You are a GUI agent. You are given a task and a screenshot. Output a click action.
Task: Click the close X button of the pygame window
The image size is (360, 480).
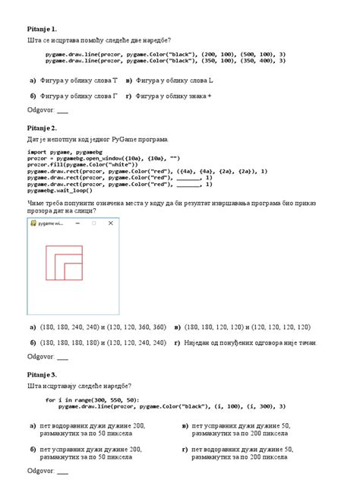111,224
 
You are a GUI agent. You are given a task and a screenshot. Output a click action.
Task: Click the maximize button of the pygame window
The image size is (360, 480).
94,224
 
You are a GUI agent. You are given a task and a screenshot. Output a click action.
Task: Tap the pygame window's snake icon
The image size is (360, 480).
33,224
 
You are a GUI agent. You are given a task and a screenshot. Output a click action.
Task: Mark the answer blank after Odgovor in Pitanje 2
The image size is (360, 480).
62,357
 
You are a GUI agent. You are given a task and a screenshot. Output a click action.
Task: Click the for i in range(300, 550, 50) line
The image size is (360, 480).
91,399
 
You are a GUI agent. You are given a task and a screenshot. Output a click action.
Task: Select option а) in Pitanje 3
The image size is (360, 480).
91,431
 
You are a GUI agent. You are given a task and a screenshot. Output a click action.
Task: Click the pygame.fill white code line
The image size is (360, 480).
91,163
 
